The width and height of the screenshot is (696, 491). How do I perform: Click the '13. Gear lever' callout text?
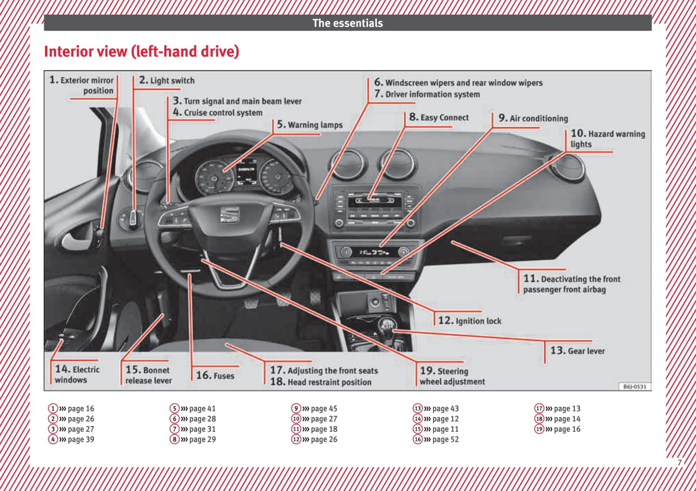[x=577, y=351]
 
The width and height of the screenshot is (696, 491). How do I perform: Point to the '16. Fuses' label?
[x=215, y=375]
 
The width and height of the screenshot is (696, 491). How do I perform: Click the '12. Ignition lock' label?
[x=470, y=321]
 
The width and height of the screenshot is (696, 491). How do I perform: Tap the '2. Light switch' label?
[x=167, y=81]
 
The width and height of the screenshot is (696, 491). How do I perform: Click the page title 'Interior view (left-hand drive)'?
[x=141, y=52]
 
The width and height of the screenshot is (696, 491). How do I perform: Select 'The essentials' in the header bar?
[x=347, y=23]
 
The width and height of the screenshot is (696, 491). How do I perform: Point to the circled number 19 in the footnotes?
[x=540, y=429]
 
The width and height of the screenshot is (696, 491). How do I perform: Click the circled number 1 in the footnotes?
[x=53, y=409]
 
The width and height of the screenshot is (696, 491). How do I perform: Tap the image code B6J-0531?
[x=634, y=387]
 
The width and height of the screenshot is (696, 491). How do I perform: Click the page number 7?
[x=679, y=462]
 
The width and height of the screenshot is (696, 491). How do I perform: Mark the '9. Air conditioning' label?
[x=533, y=118]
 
